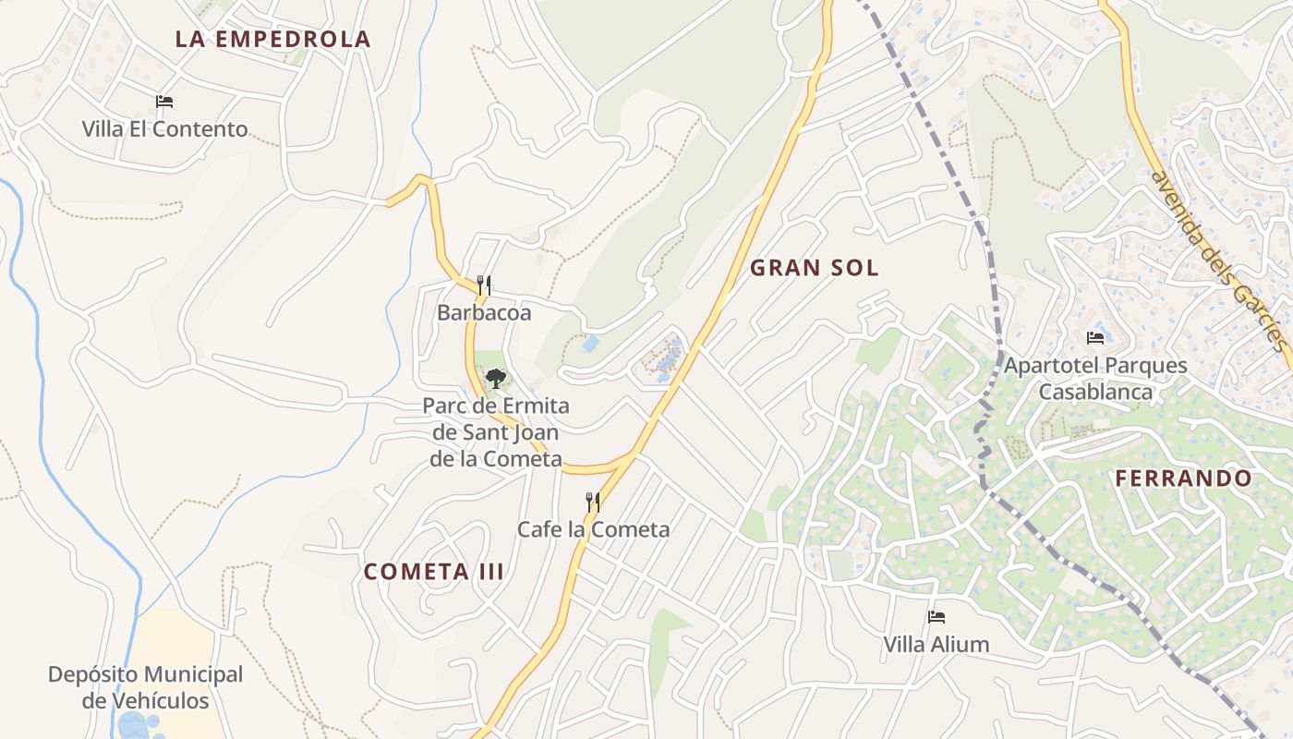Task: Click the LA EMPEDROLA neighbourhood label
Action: click(x=272, y=39)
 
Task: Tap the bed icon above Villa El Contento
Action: click(x=164, y=102)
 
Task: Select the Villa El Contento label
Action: click(x=164, y=128)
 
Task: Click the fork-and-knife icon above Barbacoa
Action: click(x=483, y=285)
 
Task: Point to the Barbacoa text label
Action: click(x=484, y=313)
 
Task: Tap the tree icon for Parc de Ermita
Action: click(x=496, y=378)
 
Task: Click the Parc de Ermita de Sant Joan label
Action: click(x=496, y=431)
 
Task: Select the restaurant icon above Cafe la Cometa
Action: click(x=593, y=502)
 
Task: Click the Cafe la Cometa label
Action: click(x=593, y=529)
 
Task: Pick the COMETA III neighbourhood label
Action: click(x=434, y=572)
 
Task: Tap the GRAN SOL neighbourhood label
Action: click(x=814, y=268)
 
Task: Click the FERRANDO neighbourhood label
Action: click(x=1183, y=479)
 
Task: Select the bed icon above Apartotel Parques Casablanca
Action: click(x=1095, y=337)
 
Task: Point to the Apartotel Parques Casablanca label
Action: click(x=1095, y=378)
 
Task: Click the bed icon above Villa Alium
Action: click(x=937, y=616)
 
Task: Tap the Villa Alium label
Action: click(x=937, y=644)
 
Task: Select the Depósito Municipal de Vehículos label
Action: click(x=146, y=687)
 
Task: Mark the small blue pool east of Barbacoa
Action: click(x=590, y=345)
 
